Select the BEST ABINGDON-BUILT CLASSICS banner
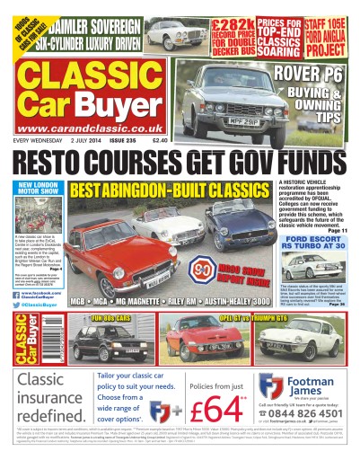click(x=145, y=190)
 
